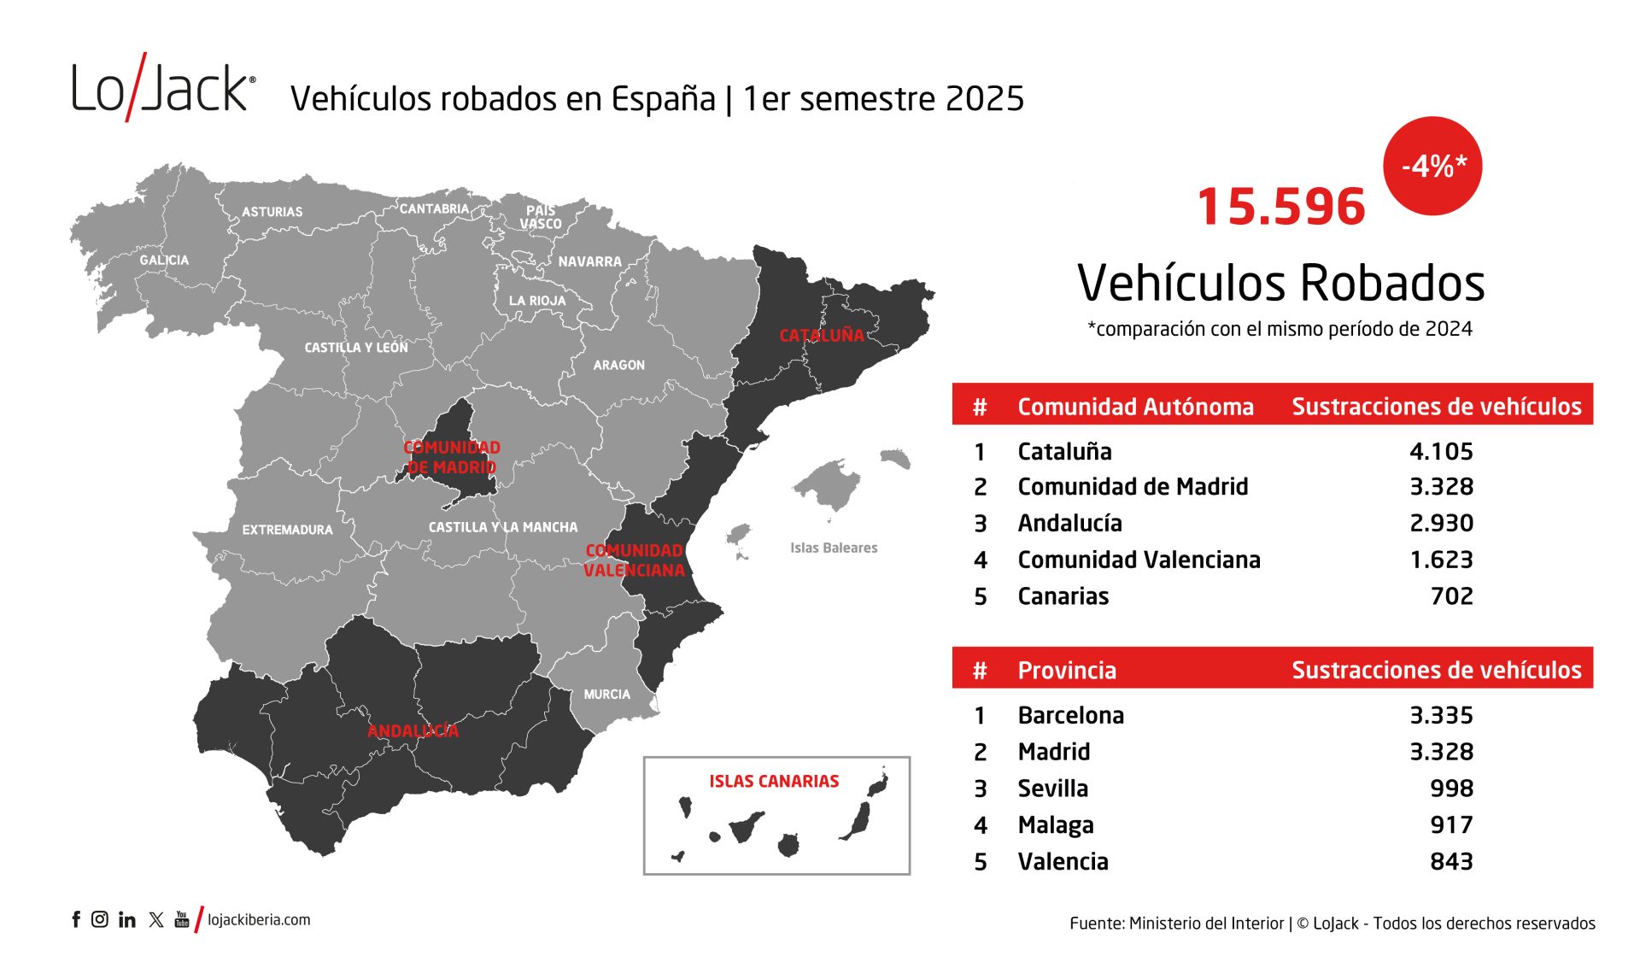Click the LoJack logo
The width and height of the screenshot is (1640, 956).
pyautogui.click(x=162, y=87)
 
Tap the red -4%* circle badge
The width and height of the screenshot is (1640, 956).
pyautogui.click(x=1432, y=166)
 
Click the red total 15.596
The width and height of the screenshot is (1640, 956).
pyautogui.click(x=1280, y=208)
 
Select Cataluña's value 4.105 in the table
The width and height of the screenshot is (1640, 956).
pyautogui.click(x=1441, y=451)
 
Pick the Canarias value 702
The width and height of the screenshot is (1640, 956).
pyautogui.click(x=1451, y=596)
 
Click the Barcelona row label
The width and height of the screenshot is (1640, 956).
pyautogui.click(x=1070, y=715)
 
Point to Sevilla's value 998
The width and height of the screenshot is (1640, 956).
pyautogui.click(x=1451, y=789)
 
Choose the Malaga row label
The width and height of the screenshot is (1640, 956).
pyautogui.click(x=1055, y=825)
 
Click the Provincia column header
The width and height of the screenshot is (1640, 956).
pyautogui.click(x=1066, y=670)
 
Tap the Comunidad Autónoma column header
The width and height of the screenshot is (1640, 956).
pyautogui.click(x=1135, y=407)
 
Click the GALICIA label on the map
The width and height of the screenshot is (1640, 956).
pyautogui.click(x=164, y=260)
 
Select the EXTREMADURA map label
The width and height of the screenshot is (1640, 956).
pyautogui.click(x=287, y=530)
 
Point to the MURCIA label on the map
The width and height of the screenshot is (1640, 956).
pyautogui.click(x=606, y=695)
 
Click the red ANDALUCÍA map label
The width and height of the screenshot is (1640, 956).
pyautogui.click(x=413, y=730)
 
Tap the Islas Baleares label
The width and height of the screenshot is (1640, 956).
pyautogui.click(x=833, y=548)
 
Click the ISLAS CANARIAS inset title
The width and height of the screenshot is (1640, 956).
pyautogui.click(x=773, y=781)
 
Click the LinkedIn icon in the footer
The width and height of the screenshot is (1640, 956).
pyautogui.click(x=127, y=919)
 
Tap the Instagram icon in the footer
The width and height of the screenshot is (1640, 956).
pyautogui.click(x=100, y=919)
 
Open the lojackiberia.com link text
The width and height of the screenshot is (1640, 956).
pyautogui.click(x=259, y=920)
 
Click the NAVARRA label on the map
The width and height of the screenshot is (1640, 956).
pyautogui.click(x=589, y=261)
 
